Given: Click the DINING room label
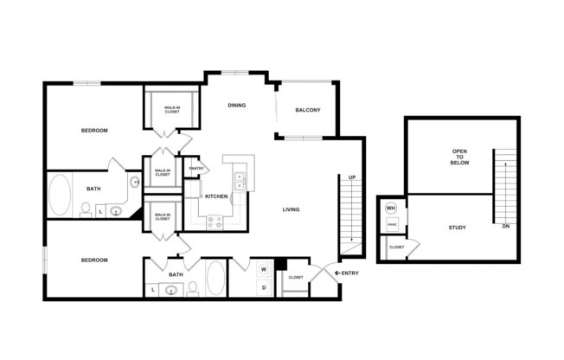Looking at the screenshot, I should [x=237, y=106].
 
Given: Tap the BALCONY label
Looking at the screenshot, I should [x=308, y=110].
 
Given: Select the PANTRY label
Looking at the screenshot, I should [x=196, y=168].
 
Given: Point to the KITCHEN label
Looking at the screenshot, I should [x=217, y=196].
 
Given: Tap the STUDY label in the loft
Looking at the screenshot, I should [x=458, y=228].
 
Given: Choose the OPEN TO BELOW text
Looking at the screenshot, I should [x=459, y=157].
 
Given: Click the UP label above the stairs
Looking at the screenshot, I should [x=352, y=177].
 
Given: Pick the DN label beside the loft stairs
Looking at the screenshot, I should [x=505, y=227].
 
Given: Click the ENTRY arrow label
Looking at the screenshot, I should [x=347, y=273].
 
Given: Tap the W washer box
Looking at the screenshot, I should [x=263, y=270].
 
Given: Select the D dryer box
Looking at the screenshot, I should [x=263, y=286].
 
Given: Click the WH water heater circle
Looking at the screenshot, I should [x=390, y=209].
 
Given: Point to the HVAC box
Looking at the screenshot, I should [x=391, y=224].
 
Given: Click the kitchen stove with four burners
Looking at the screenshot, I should [x=215, y=220].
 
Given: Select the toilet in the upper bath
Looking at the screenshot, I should [x=86, y=209].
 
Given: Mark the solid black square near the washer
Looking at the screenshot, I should [x=279, y=265].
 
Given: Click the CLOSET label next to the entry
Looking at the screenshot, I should [x=296, y=278].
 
